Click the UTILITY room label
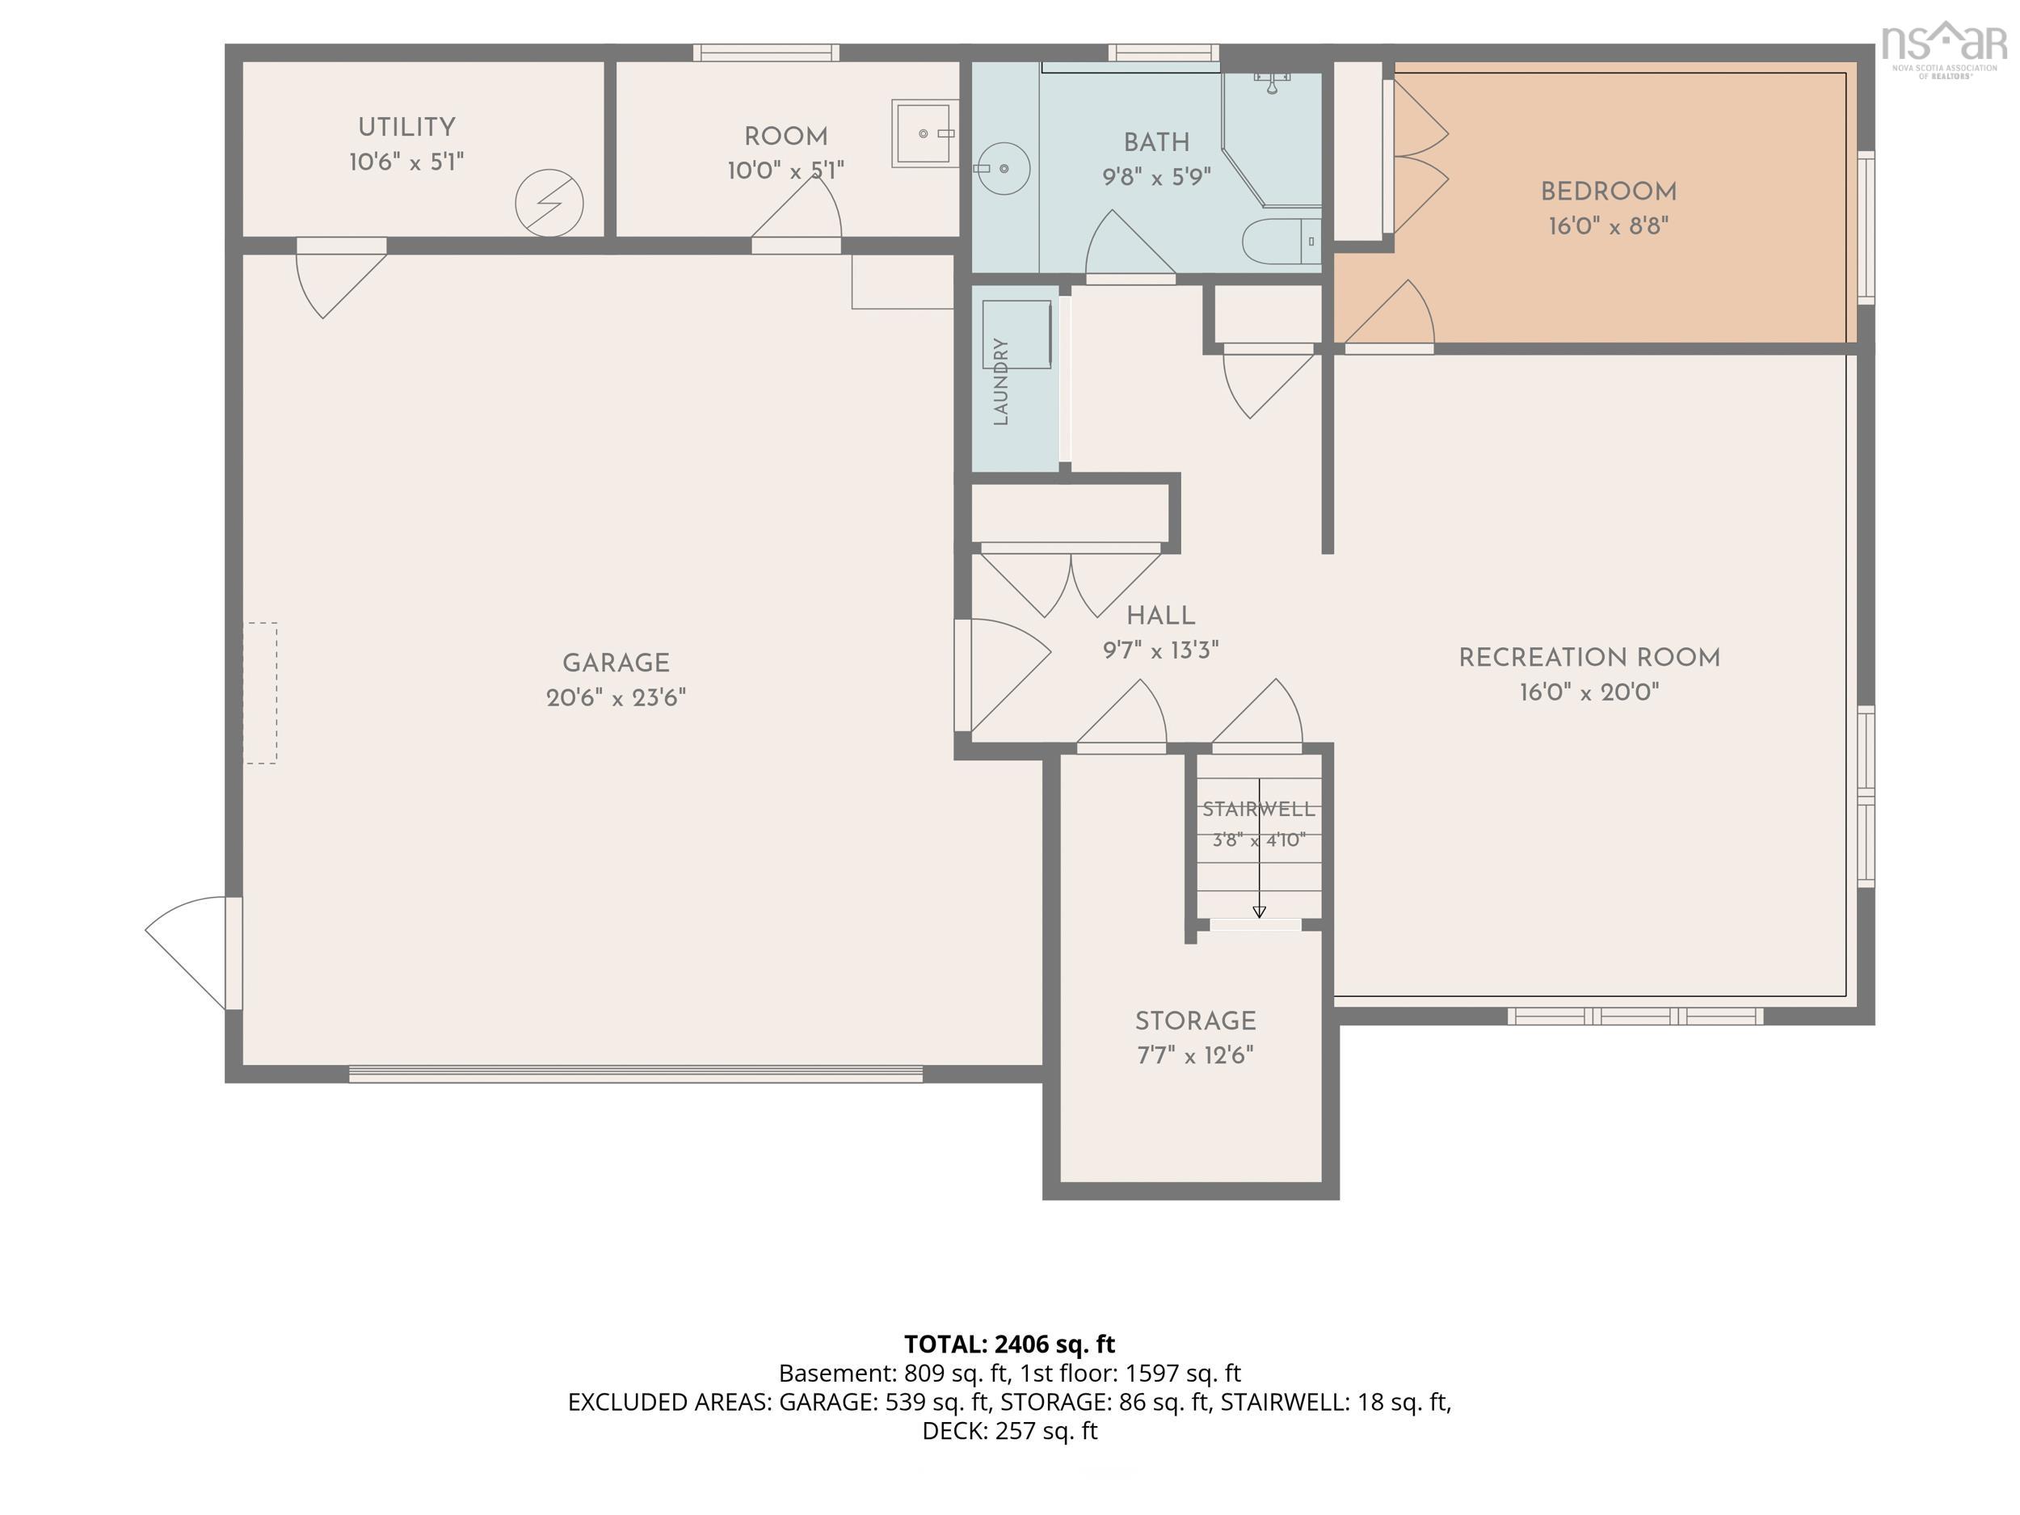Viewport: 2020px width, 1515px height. tap(406, 127)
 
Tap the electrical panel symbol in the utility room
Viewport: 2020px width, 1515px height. tap(549, 203)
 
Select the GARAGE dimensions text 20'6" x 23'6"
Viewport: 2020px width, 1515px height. tap(616, 697)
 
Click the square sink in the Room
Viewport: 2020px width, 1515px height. tap(924, 133)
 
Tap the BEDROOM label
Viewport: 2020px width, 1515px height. tap(1608, 191)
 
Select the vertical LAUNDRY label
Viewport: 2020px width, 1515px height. tap(1001, 381)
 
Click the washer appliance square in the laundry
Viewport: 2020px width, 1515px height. tap(1016, 335)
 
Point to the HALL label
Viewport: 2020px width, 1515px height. tap(1160, 616)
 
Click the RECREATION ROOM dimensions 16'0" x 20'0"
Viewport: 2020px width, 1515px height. tap(1589, 692)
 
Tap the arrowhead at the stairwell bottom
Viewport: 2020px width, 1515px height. tap(1260, 911)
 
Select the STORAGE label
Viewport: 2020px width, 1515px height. tap(1195, 1021)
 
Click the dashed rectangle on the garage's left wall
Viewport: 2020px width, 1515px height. tap(260, 693)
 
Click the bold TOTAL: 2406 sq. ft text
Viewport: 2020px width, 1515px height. tap(1009, 1345)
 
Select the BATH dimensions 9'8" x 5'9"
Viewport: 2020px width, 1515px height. tap(1156, 177)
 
